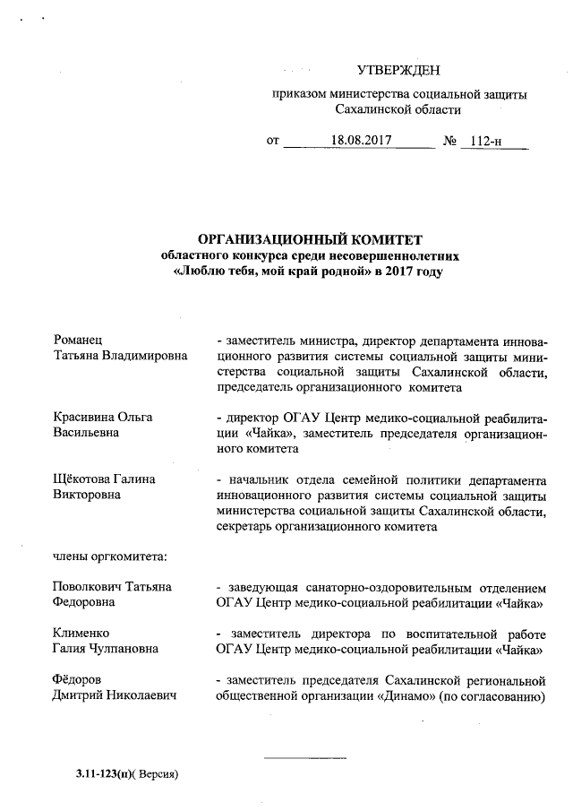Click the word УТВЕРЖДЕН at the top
[x=398, y=71]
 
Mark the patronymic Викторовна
[x=89, y=495]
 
